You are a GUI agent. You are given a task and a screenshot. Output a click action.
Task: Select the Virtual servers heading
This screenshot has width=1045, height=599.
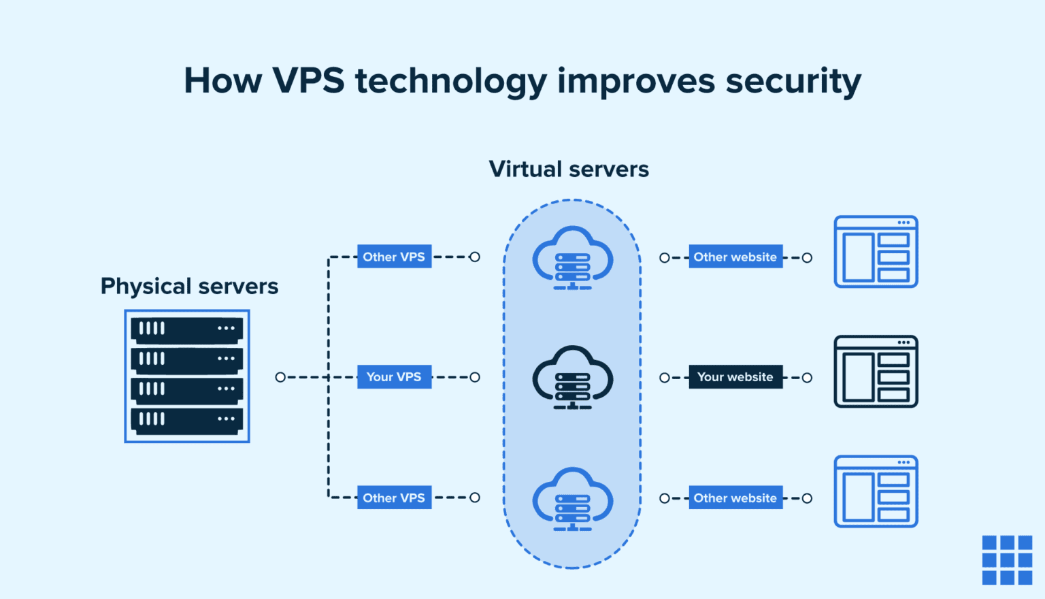pos(569,169)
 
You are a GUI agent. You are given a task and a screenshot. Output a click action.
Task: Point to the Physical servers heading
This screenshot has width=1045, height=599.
pos(189,286)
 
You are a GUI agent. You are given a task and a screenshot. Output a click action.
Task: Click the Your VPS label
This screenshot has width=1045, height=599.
pos(394,377)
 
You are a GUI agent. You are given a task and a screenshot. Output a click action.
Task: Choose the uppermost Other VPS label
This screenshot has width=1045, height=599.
pos(394,257)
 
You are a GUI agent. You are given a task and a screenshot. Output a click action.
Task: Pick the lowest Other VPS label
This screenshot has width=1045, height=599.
pos(394,498)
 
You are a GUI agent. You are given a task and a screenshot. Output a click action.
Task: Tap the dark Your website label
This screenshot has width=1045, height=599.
pos(735,377)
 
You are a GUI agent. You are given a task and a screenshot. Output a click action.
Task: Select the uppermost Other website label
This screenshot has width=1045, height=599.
pos(735,257)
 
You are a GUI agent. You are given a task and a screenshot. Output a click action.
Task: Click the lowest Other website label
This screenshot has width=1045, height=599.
pos(735,498)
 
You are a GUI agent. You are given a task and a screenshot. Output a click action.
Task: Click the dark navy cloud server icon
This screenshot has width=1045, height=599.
pos(572,378)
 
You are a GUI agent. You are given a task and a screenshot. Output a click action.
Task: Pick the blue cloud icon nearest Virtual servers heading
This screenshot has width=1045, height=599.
pos(572,258)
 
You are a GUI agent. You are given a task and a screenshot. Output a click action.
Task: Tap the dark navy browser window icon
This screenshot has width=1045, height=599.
pos(876,372)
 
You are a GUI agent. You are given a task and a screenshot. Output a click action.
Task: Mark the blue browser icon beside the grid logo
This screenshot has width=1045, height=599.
pos(876,491)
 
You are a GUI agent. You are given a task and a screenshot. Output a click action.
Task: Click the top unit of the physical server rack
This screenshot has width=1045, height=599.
pos(187,329)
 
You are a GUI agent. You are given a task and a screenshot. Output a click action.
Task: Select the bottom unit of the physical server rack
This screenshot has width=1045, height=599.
pos(187,419)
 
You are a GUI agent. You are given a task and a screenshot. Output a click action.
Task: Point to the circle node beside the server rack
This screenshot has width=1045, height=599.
pos(280,377)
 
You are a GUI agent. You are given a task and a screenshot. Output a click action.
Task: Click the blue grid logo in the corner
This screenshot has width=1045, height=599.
pos(1007,560)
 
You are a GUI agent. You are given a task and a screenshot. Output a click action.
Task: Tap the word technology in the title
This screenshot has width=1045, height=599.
pos(450,81)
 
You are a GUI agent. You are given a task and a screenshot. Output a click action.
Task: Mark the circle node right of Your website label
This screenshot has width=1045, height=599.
pos(807,378)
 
